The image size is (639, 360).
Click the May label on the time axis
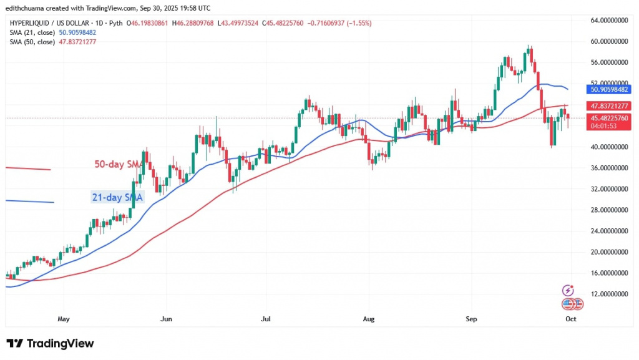tap(63, 319)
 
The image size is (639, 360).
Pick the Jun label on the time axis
tap(166, 319)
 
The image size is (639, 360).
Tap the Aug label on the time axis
tap(369, 319)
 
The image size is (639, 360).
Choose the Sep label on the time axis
tap(472, 319)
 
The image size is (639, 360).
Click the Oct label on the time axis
tap(570, 319)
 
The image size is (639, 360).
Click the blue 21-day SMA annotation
tap(118, 197)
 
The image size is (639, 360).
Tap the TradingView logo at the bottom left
tap(50, 344)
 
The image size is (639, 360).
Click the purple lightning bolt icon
tap(568, 290)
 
